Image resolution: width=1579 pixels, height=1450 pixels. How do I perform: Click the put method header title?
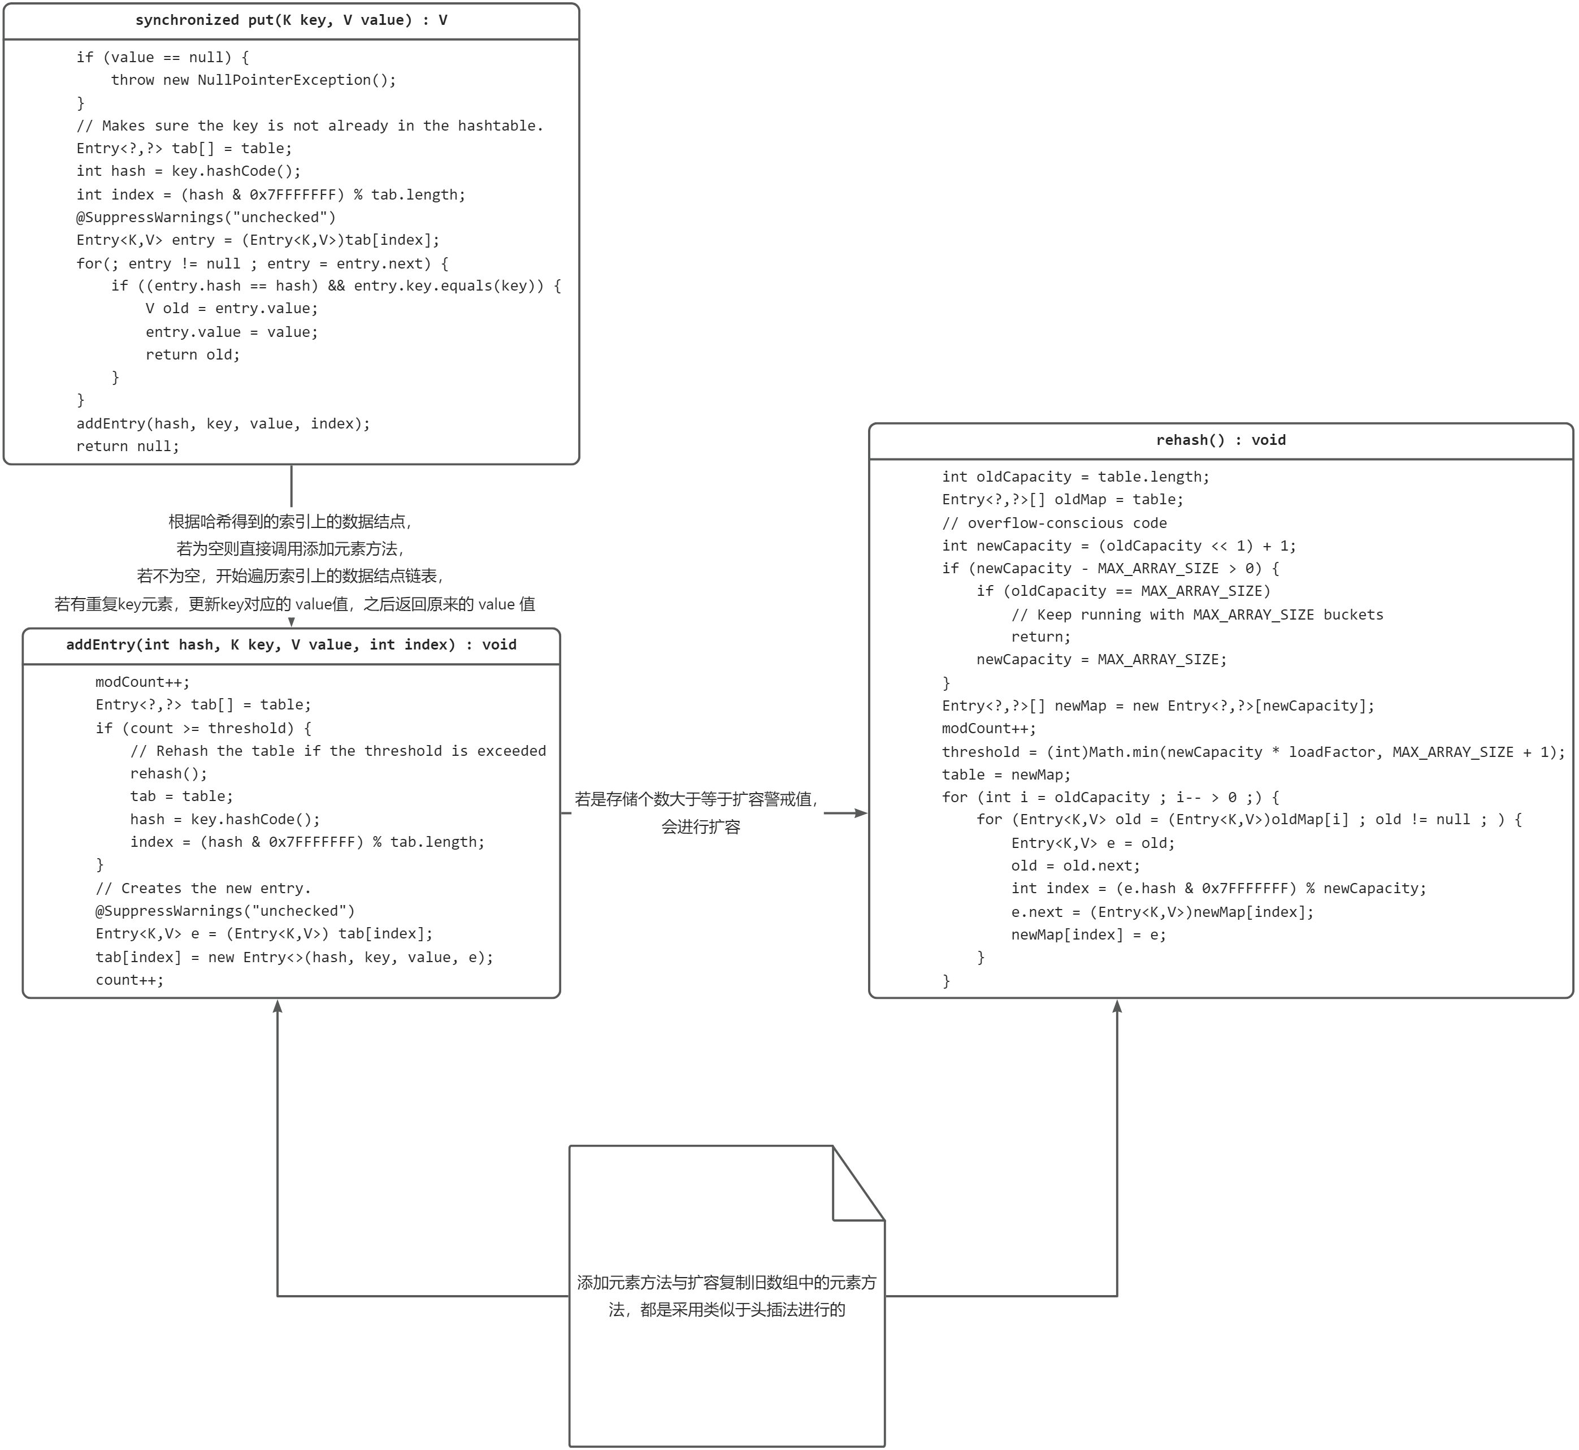click(x=291, y=20)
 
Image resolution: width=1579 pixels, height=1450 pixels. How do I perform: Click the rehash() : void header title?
click(x=1221, y=440)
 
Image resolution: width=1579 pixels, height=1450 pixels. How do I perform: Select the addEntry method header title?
click(x=291, y=645)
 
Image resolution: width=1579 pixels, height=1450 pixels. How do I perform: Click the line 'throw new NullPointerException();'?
click(x=253, y=80)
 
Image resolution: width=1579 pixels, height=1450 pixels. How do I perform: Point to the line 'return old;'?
click(x=192, y=354)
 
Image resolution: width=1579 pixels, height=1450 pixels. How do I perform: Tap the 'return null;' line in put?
click(x=128, y=447)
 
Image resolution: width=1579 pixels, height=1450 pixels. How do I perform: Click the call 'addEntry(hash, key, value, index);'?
click(x=223, y=424)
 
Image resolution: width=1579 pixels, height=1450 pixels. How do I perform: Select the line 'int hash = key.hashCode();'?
click(x=188, y=171)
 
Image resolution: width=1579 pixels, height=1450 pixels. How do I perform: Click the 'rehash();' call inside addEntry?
click(x=168, y=774)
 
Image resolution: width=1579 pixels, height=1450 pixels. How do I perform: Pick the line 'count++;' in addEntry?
click(x=129, y=980)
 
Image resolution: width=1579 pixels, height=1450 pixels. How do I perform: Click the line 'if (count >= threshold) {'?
click(x=203, y=728)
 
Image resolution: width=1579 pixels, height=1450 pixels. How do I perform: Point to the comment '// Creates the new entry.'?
click(x=203, y=888)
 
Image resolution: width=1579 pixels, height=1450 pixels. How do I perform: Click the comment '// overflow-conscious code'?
click(x=1054, y=523)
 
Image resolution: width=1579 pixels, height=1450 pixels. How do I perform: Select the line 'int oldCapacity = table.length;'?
click(x=1075, y=477)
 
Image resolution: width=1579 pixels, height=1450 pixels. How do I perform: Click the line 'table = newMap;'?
click(x=1007, y=774)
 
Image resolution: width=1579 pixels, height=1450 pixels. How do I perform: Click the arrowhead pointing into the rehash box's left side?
click(x=861, y=813)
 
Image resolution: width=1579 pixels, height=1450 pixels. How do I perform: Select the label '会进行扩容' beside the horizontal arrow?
click(x=700, y=827)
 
